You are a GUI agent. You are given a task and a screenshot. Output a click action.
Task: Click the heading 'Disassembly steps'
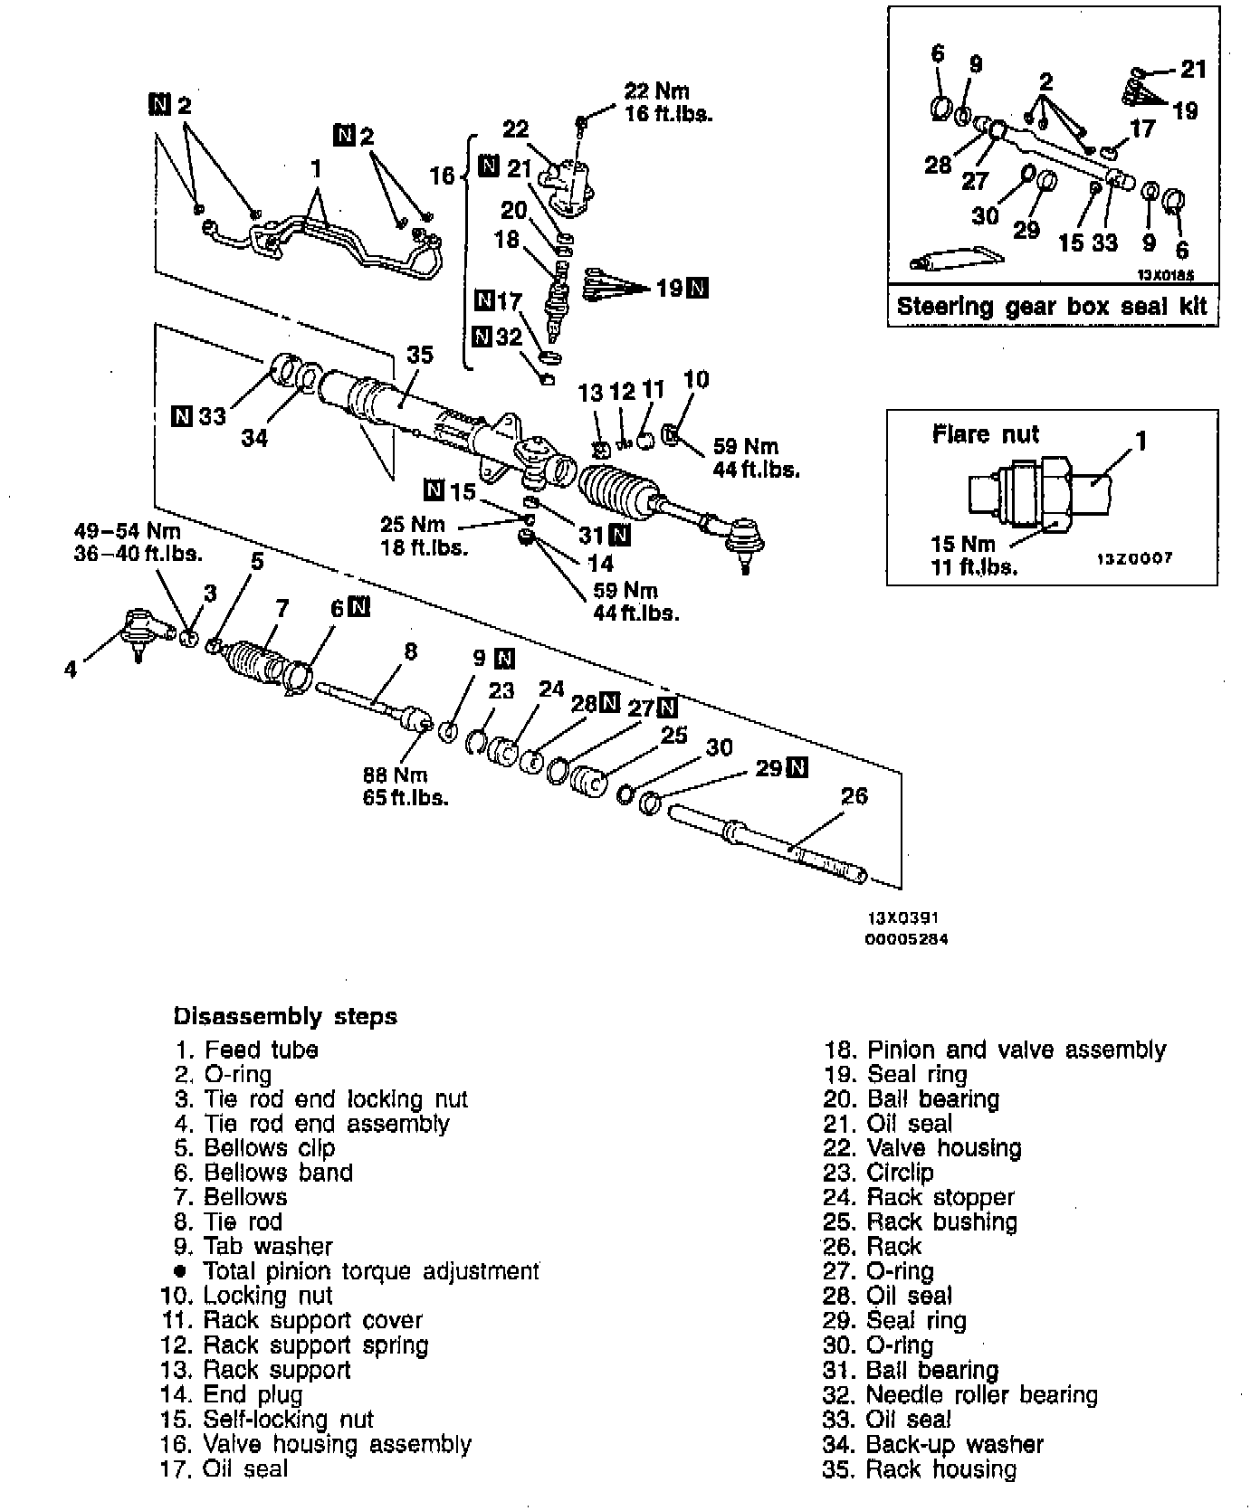285,1016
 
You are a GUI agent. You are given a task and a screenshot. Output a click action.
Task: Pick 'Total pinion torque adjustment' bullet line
370,1271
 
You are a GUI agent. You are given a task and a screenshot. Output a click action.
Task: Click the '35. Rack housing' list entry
919,1468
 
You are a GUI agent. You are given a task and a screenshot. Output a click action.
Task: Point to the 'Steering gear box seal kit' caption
1052,306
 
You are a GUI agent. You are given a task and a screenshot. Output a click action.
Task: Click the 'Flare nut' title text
986,434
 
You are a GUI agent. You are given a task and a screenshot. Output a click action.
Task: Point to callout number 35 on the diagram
420,355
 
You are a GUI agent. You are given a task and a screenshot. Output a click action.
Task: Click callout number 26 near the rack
854,796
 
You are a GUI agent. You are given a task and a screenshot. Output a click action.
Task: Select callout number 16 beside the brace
442,175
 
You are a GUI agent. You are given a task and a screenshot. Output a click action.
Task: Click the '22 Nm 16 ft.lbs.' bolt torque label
668,102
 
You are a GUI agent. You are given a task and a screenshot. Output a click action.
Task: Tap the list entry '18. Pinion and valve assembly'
995,1050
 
